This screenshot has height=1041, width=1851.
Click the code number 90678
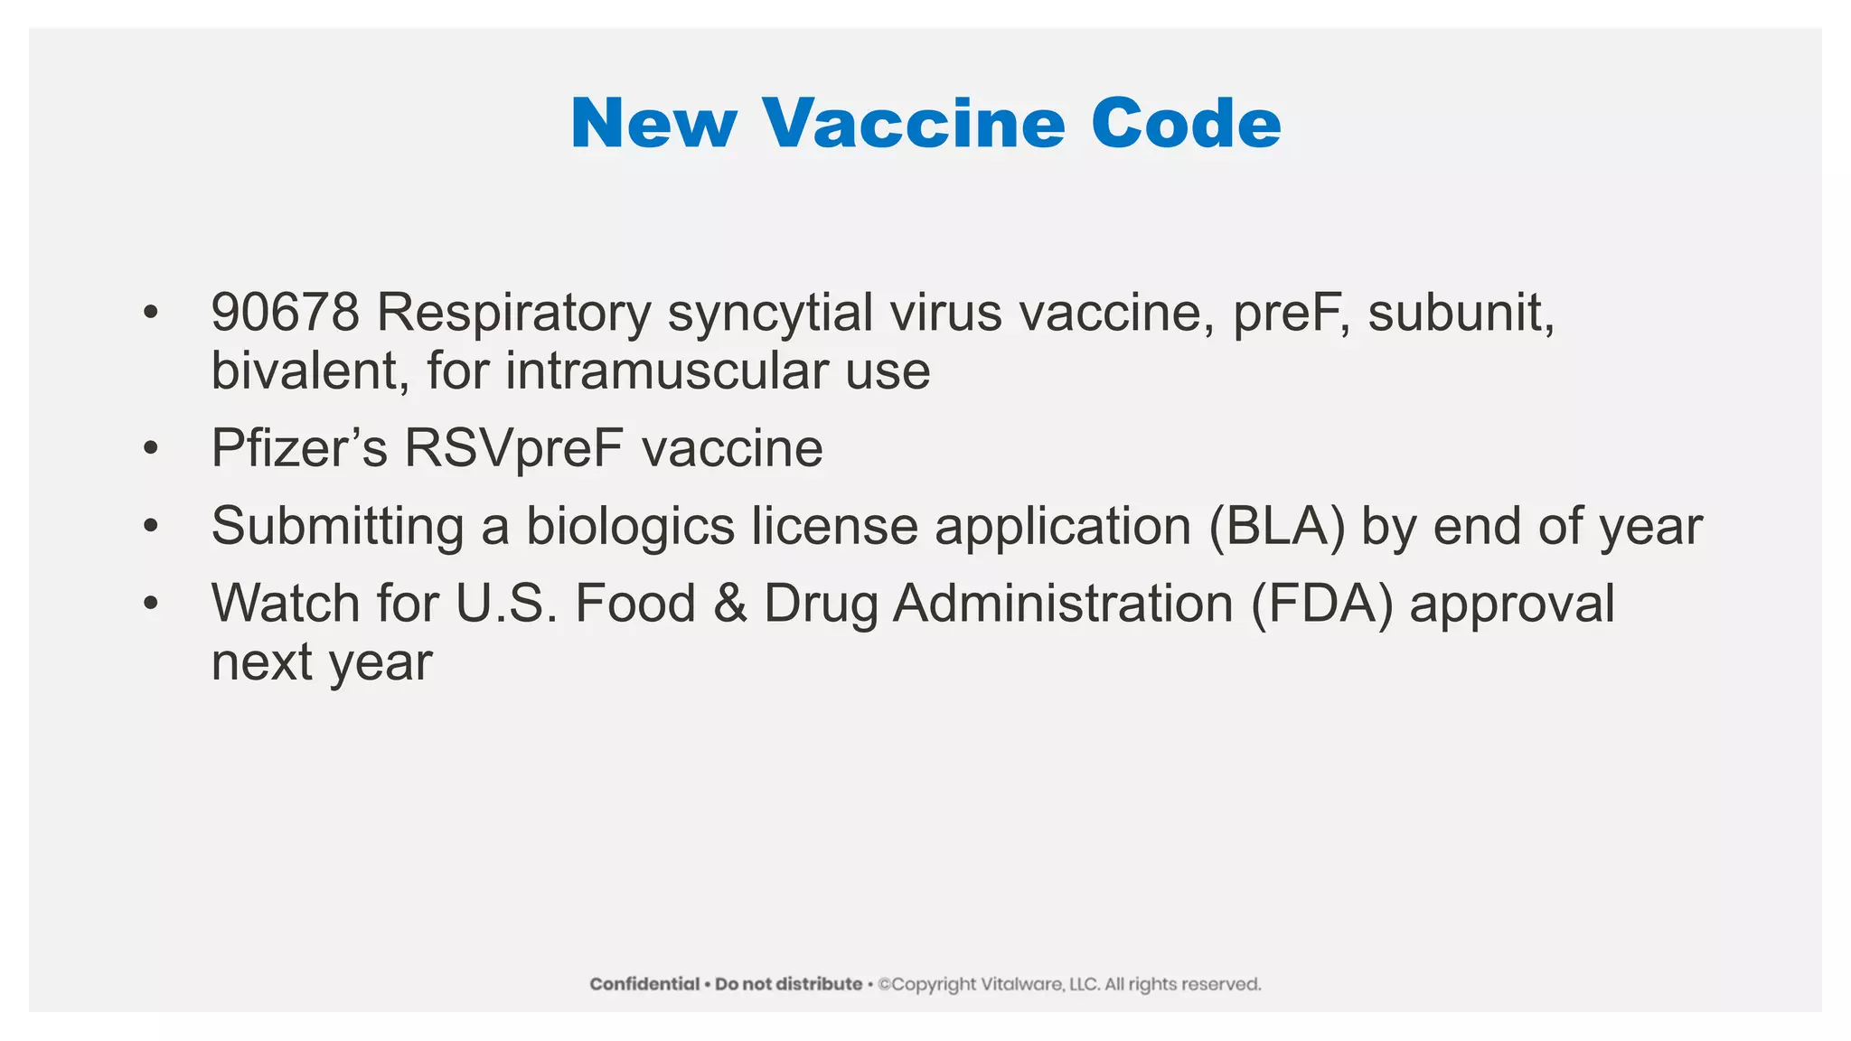(285, 313)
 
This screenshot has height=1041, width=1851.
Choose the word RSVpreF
(513, 448)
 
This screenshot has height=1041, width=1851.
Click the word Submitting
(337, 526)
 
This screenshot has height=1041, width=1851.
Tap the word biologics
(630, 526)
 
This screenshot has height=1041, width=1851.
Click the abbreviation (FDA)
(1322, 604)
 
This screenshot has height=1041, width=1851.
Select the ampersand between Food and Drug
(729, 604)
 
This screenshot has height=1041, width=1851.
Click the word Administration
(1063, 604)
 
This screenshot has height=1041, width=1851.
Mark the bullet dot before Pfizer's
(151, 448)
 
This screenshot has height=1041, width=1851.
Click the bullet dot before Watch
(151, 604)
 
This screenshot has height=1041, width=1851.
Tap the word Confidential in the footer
(644, 984)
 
